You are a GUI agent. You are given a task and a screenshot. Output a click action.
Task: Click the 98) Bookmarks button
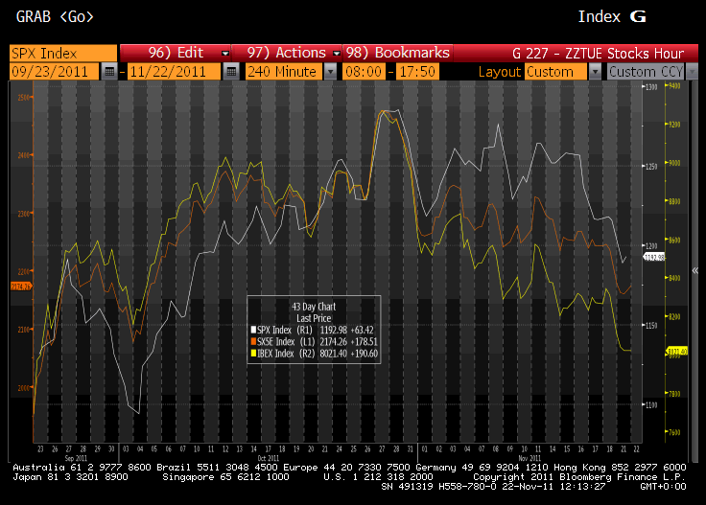(x=397, y=53)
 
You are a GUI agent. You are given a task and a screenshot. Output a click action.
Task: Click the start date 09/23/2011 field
(x=54, y=72)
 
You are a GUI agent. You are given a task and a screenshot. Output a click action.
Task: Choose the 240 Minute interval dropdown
(x=283, y=72)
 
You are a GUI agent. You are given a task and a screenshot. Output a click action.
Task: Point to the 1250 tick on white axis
(x=651, y=167)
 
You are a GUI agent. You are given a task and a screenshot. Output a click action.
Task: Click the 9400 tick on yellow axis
(x=673, y=86)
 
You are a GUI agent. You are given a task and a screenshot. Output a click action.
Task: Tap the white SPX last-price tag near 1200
(x=653, y=257)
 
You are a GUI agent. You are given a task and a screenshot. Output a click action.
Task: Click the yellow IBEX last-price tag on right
(x=677, y=352)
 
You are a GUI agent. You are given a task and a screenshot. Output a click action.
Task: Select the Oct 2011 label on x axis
(x=268, y=457)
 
